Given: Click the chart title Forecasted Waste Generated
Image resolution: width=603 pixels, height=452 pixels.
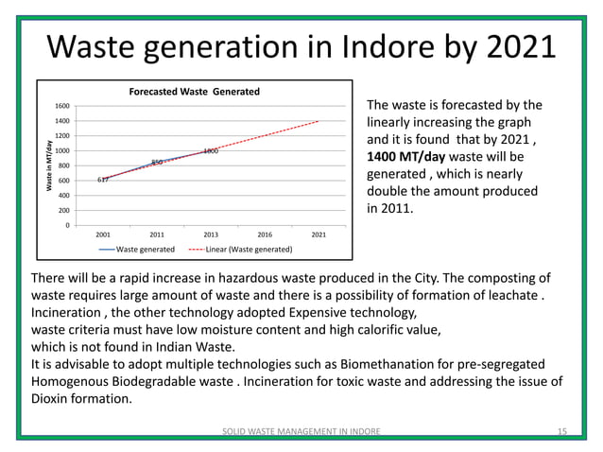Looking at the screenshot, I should point(194,91).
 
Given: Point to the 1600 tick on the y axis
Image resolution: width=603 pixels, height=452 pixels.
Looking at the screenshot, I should point(60,107).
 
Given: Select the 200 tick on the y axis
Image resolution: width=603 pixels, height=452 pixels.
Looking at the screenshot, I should point(61,210).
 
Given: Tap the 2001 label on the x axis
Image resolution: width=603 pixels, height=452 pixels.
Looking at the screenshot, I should point(103,233).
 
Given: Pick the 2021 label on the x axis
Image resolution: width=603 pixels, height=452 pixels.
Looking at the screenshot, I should point(319,233).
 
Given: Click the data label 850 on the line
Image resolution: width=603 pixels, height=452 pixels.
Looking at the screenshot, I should point(158,163).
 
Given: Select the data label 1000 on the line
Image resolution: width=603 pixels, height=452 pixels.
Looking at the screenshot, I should point(212,151).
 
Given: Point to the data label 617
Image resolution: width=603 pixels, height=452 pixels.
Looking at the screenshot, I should point(103,180).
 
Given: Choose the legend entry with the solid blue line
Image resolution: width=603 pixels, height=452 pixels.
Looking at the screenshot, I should point(138,250).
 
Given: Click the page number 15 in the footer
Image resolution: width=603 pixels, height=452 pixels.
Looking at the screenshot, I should point(561,431).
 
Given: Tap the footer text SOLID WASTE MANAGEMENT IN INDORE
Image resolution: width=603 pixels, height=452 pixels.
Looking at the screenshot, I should point(301,431).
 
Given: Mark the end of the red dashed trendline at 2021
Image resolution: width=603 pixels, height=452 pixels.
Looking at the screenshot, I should point(319,121).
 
